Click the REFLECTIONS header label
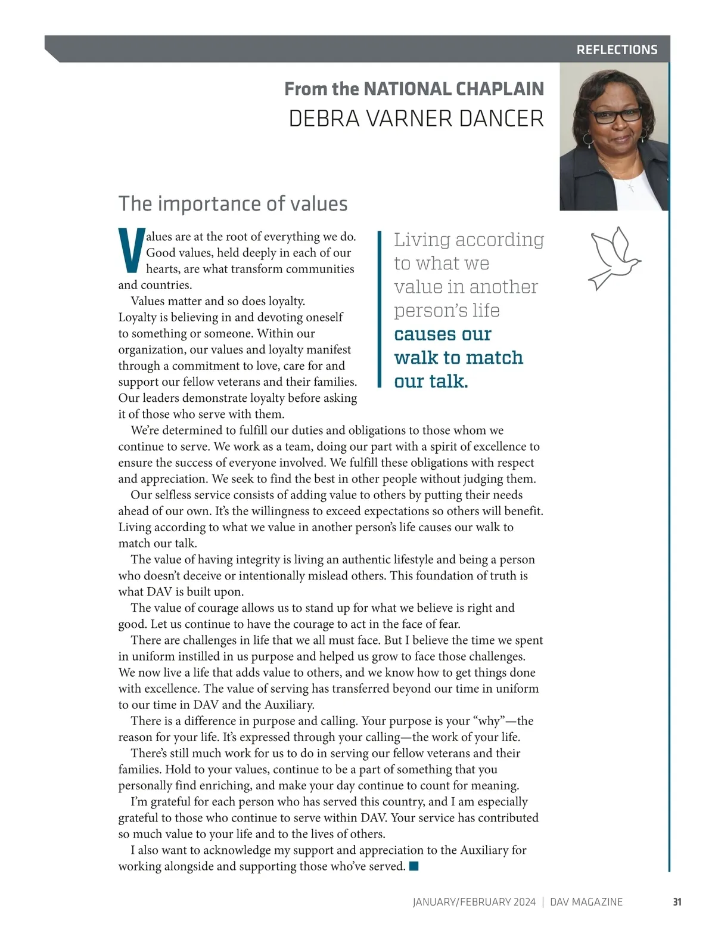[617, 49]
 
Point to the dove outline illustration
[614, 258]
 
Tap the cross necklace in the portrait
[630, 188]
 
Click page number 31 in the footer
[677, 901]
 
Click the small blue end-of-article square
[414, 866]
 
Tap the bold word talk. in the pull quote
[449, 382]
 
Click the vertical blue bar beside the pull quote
[379, 309]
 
